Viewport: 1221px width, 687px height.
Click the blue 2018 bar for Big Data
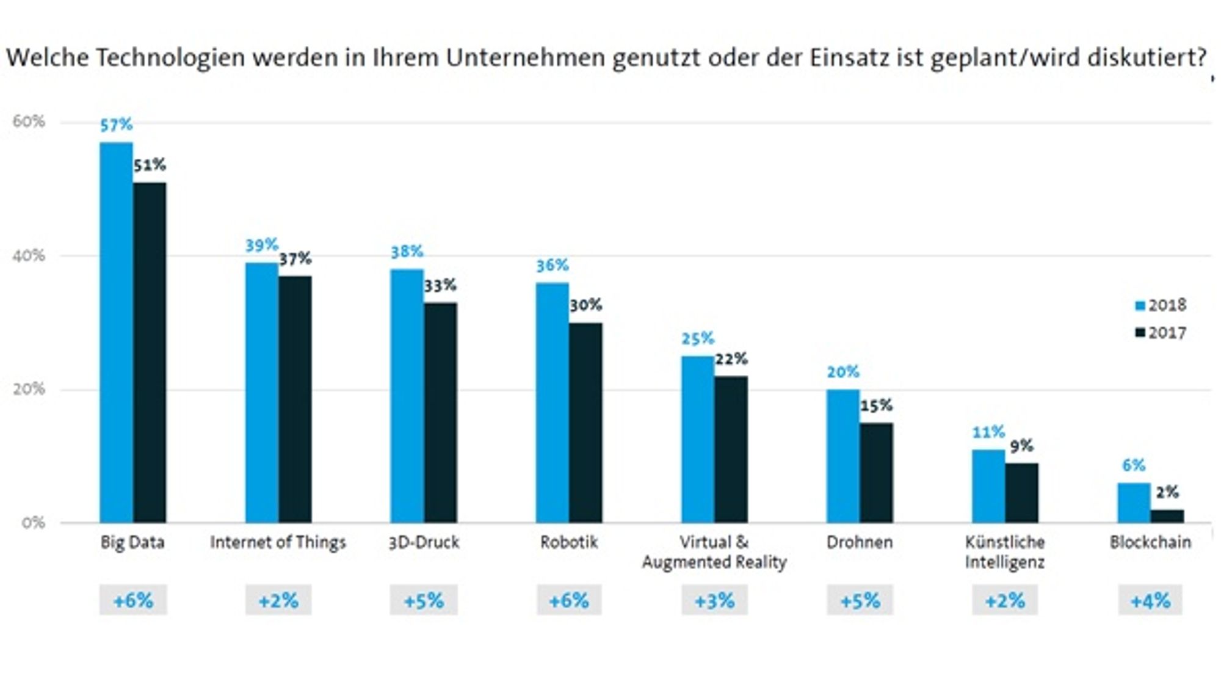(117, 332)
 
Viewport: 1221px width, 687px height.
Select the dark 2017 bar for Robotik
(585, 423)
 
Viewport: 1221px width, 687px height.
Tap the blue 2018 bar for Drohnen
(843, 456)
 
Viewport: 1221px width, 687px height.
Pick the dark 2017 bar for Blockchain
(1167, 516)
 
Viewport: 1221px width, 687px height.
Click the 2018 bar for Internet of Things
(262, 393)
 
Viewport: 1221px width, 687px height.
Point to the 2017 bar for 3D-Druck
(440, 413)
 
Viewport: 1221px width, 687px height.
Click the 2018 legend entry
(1160, 305)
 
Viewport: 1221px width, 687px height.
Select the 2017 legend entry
(1160, 333)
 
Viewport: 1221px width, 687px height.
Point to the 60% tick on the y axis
(29, 122)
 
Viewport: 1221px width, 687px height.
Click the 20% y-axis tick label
(29, 389)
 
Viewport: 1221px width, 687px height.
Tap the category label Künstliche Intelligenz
(1005, 552)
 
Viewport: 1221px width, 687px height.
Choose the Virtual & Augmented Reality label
(714, 552)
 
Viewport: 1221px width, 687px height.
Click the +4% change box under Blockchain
(1150, 600)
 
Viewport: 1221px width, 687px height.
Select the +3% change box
(714, 600)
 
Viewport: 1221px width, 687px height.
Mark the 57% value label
(116, 125)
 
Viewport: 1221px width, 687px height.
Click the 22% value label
(731, 359)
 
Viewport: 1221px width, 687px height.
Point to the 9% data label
(1021, 446)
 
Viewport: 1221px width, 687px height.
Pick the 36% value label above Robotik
(553, 266)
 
